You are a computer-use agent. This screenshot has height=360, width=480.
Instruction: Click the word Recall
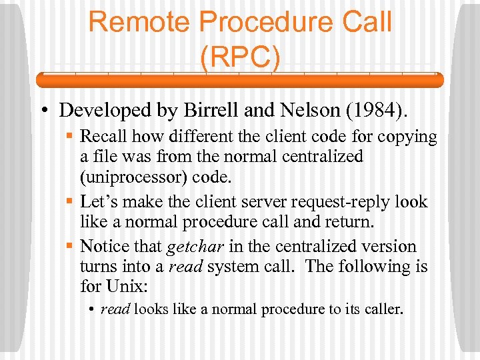coord(103,137)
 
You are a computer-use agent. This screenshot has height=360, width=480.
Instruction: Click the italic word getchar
coord(195,247)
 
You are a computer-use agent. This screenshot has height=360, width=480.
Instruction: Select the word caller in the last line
coord(383,309)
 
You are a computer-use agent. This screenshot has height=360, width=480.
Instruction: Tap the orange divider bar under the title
coord(239,80)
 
